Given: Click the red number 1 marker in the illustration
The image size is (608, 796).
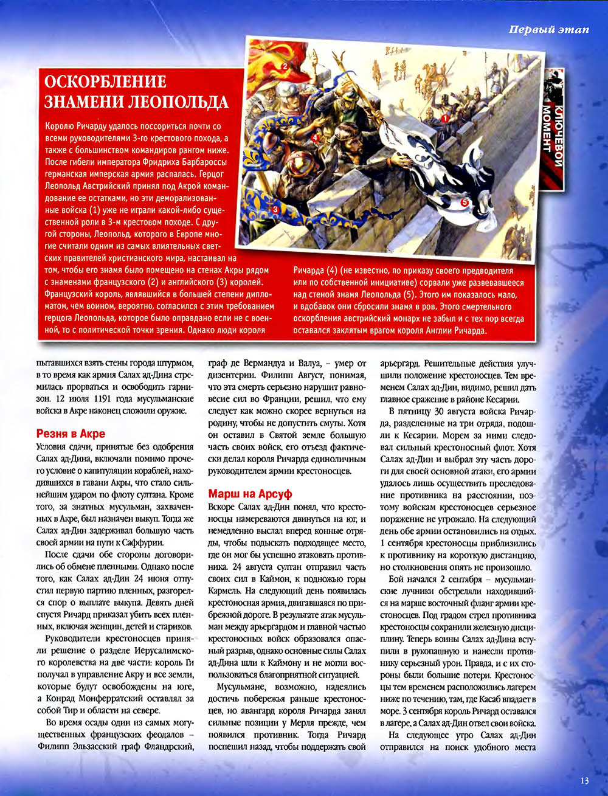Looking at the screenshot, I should pyautogui.click(x=444, y=119).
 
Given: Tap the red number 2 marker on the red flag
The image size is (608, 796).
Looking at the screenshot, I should pyautogui.click(x=283, y=66).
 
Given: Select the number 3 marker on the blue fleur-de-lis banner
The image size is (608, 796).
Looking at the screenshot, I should pyautogui.click(x=275, y=209).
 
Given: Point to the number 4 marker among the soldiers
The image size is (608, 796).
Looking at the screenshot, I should pyautogui.click(x=315, y=138).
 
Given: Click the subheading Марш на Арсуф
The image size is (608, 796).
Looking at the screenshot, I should pyautogui.click(x=250, y=493).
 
